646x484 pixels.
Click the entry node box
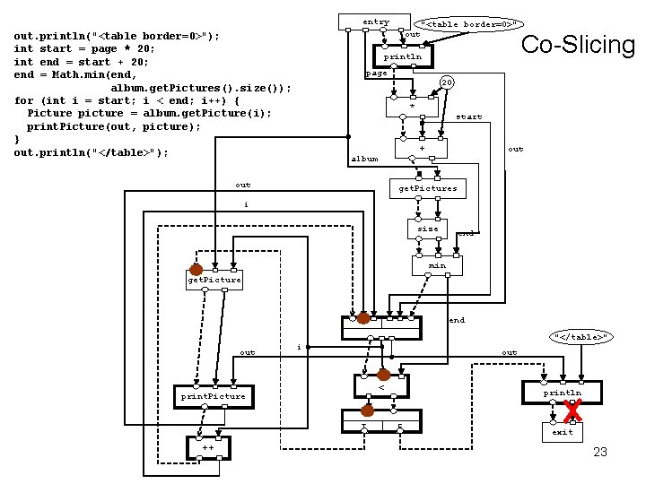pos(374,22)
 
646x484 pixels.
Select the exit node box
pos(563,433)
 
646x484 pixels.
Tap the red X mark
pos(572,411)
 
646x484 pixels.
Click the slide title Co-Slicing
pos(578,45)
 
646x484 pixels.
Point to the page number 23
pos(600,452)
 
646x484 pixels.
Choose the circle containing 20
pos(447,82)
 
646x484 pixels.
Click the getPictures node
pos(428,188)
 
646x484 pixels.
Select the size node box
pos(427,229)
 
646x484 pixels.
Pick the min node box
pos(437,266)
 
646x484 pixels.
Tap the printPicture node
pos(214,397)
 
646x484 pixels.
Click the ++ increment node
pos(208,448)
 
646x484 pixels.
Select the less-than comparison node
pos(381,386)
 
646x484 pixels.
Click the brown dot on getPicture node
pos(196,270)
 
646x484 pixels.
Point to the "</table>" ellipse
pos(581,337)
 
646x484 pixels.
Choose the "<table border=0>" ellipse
pos(468,24)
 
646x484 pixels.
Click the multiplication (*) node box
pos(412,107)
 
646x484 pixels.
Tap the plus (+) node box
pos(421,148)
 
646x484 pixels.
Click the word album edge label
pos(364,159)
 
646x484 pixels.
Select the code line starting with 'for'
pos(127,100)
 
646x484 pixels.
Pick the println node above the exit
pos(562,393)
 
